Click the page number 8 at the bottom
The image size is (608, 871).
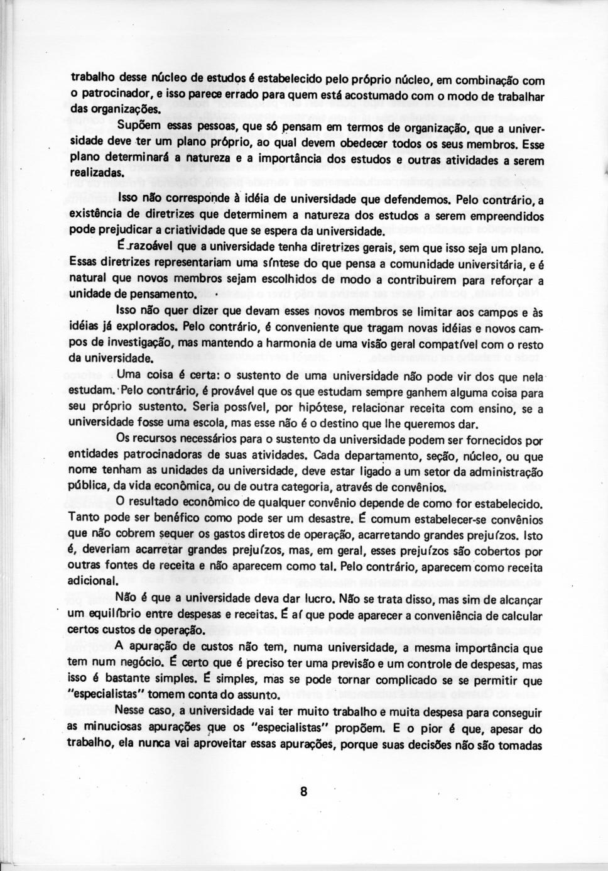tap(303, 791)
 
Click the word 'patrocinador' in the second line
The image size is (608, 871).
tap(111, 93)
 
